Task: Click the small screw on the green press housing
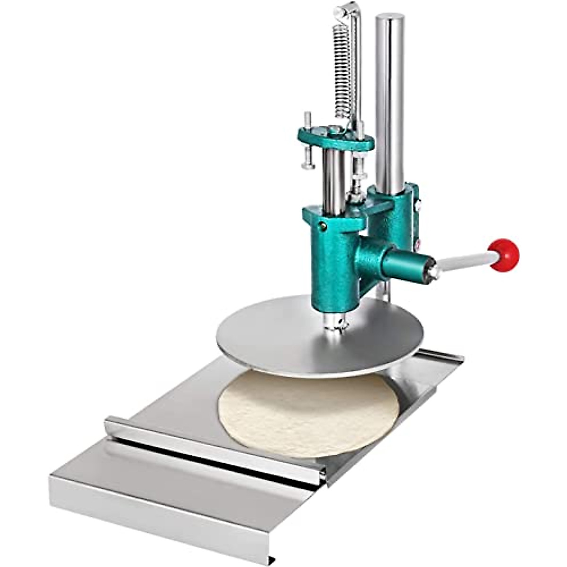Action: click(323, 226)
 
